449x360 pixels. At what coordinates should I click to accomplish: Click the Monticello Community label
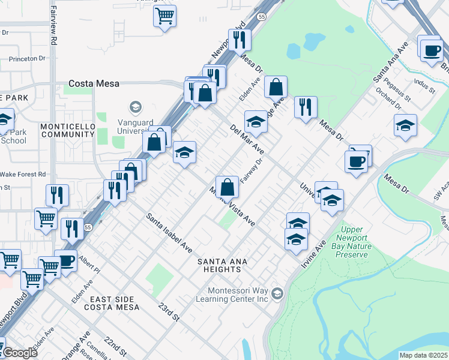pyautogui.click(x=67, y=130)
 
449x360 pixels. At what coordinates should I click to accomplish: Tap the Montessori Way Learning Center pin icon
pyautogui.click(x=277, y=293)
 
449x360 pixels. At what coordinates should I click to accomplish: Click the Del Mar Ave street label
pyautogui.click(x=247, y=139)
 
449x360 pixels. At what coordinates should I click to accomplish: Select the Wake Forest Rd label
pyautogui.click(x=23, y=175)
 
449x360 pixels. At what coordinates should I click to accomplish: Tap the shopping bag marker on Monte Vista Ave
pyautogui.click(x=228, y=187)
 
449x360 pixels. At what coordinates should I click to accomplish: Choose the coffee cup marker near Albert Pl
pyautogui.click(x=65, y=260)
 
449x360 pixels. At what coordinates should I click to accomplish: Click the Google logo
pyautogui.click(x=20, y=353)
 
